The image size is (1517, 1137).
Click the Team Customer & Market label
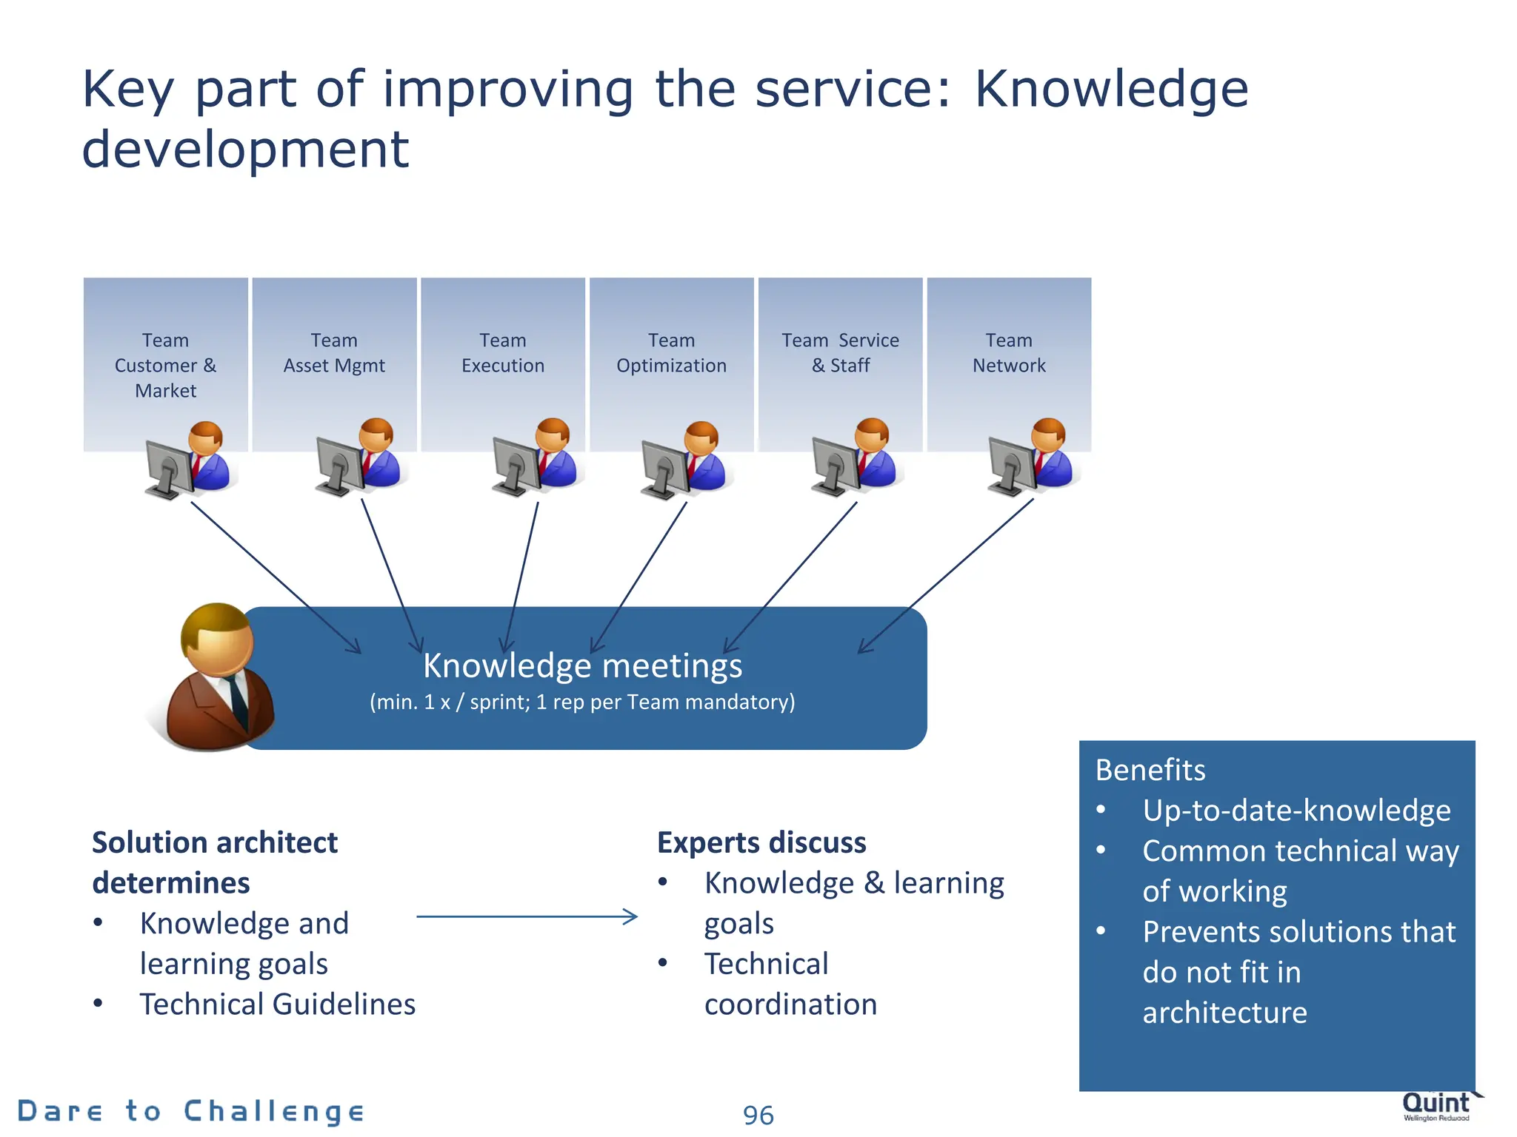coord(165,365)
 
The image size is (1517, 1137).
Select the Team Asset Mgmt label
coord(334,352)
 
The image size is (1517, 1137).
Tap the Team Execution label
coord(502,352)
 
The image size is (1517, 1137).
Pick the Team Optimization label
coord(671,352)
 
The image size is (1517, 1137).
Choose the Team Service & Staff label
coord(840,352)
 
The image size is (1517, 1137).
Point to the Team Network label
coord(1009,352)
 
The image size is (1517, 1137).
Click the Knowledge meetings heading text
coord(582,665)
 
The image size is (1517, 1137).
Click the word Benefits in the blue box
coord(1150,770)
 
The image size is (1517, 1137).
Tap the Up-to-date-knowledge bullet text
coord(1296,811)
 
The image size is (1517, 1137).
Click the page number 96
coord(758,1115)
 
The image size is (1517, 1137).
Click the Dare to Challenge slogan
coord(191,1111)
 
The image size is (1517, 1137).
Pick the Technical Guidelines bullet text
coord(277,1004)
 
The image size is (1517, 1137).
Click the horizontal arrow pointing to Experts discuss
coord(526,917)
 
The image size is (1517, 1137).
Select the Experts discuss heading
coord(761,843)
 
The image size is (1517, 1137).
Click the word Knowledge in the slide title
coord(1111,89)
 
